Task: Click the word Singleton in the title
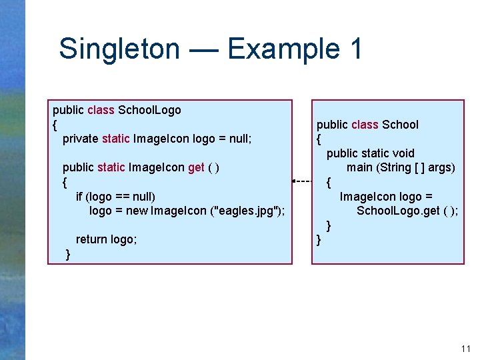tap(119, 49)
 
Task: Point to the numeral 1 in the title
tap(354, 49)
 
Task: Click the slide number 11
tap(465, 349)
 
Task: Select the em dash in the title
tap(203, 49)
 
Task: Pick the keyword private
tap(80, 139)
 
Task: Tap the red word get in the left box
tap(196, 167)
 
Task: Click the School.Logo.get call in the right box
tap(407, 211)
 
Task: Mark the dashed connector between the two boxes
tap(303, 181)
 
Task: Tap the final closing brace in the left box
tap(68, 254)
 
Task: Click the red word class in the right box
tap(365, 125)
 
